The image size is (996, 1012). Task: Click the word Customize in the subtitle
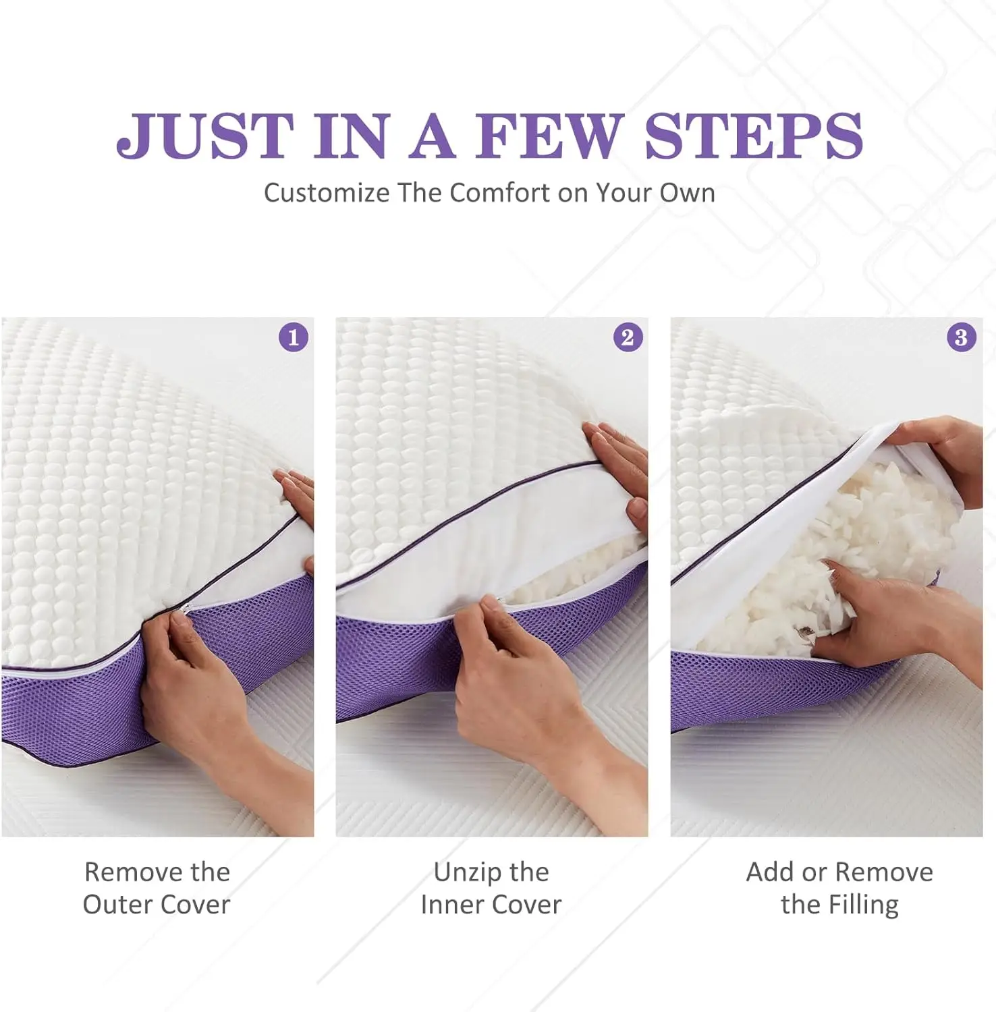coord(326,193)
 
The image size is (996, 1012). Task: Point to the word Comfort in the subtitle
coord(500,193)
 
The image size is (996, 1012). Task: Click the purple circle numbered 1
coord(294,337)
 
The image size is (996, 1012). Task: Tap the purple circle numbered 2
coord(628,337)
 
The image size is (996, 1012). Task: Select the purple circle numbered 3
coord(962,337)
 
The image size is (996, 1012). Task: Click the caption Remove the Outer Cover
coord(157,888)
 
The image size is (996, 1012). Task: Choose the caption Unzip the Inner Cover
coord(491,888)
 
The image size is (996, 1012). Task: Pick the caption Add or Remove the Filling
coord(839,888)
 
